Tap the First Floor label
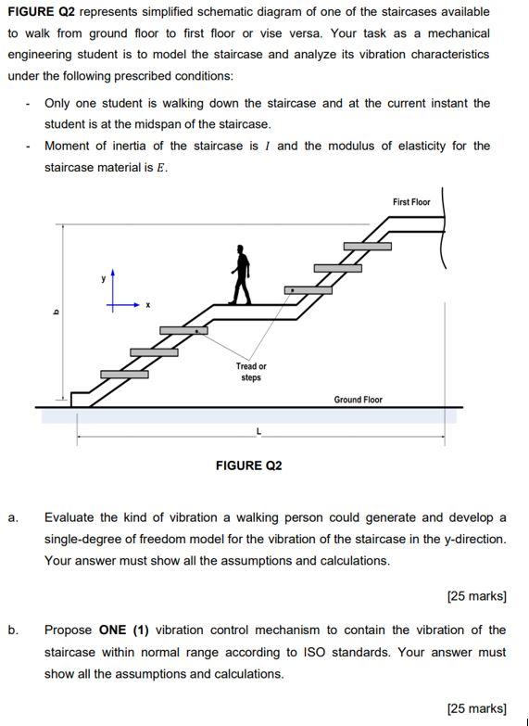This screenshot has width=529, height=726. click(x=411, y=202)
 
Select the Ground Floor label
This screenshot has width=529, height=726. click(x=358, y=400)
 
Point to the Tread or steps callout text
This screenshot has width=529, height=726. click(x=250, y=372)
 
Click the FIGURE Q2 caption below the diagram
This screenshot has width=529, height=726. click(x=248, y=465)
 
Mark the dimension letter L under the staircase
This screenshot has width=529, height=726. click(x=258, y=432)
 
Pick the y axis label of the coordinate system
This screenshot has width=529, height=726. click(x=104, y=278)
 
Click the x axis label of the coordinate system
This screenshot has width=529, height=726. click(x=146, y=304)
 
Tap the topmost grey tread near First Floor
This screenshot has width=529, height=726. click(x=367, y=246)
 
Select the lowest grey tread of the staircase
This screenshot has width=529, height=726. click(x=124, y=374)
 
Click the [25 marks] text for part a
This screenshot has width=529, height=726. click(x=476, y=596)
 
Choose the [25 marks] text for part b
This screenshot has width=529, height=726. click(x=476, y=708)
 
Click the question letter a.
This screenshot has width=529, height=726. click(x=12, y=517)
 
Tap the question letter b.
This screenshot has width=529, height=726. click(x=12, y=630)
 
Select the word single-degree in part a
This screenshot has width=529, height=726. click(x=82, y=539)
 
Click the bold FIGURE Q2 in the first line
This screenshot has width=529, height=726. click(x=41, y=12)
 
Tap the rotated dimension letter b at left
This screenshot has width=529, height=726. click(x=55, y=312)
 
